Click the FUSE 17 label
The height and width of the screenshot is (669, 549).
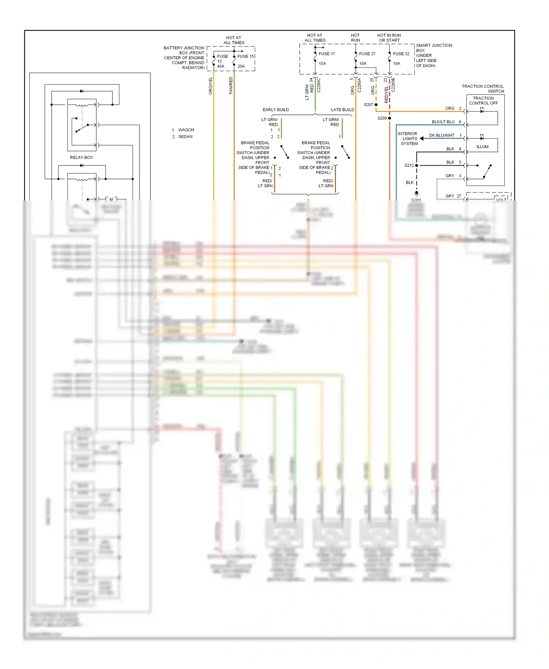click(326, 54)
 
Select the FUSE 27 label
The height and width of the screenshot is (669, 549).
click(367, 54)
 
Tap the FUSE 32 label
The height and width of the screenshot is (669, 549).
click(401, 54)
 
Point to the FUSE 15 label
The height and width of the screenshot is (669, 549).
click(246, 56)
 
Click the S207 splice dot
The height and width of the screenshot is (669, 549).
click(376, 105)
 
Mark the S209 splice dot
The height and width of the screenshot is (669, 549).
click(389, 118)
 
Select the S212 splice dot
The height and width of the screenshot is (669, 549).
click(417, 165)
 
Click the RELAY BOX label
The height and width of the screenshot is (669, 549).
click(81, 157)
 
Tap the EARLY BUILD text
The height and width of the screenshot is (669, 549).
click(276, 110)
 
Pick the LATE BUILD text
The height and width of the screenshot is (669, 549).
click(342, 110)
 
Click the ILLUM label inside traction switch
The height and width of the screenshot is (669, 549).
click(482, 147)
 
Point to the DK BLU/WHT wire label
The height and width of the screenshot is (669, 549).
click(441, 135)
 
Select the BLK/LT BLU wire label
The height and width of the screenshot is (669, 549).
click(443, 122)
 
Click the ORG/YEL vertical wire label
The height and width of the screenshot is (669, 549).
click(210, 86)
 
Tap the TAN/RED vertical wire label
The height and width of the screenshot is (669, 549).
click(231, 86)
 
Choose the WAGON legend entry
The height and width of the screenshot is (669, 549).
click(186, 130)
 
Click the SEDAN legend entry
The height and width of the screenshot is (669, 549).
click(185, 137)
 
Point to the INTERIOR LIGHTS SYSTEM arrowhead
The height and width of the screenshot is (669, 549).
click(422, 138)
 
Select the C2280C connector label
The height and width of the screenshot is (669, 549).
click(319, 85)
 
